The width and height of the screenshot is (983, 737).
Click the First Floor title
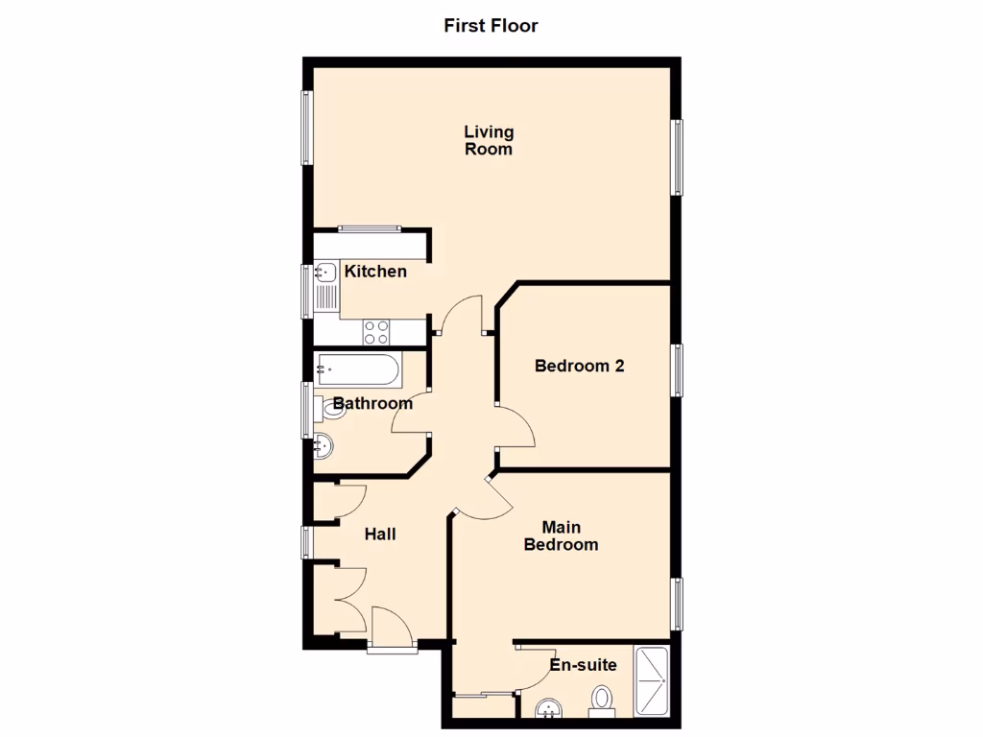point(491,26)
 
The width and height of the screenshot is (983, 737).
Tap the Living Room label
point(489,140)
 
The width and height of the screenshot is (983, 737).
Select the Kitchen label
point(375,272)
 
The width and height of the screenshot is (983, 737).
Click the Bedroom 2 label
point(580,366)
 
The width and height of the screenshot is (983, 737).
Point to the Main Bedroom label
point(562,536)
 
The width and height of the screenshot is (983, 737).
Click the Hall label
point(380,535)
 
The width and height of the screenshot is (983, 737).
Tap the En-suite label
point(583,665)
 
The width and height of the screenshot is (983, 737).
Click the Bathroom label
point(372,403)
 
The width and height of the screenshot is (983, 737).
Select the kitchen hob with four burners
point(376,332)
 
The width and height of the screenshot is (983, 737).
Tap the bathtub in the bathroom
point(356,367)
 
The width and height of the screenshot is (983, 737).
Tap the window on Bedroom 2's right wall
point(678,370)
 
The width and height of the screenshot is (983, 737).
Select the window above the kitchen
point(369,228)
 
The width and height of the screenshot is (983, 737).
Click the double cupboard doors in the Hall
point(349,599)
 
